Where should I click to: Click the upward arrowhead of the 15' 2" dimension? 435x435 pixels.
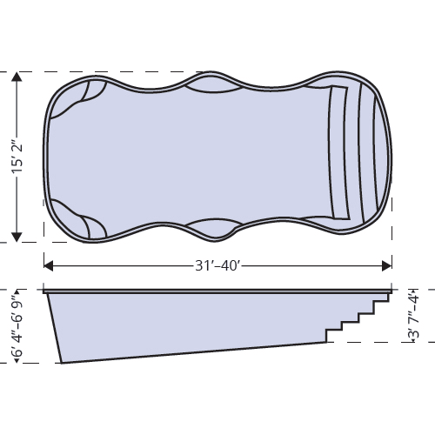[x=17, y=79]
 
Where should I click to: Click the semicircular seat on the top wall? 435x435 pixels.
[x=211, y=85]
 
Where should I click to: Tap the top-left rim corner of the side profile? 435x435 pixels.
[x=44, y=291]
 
